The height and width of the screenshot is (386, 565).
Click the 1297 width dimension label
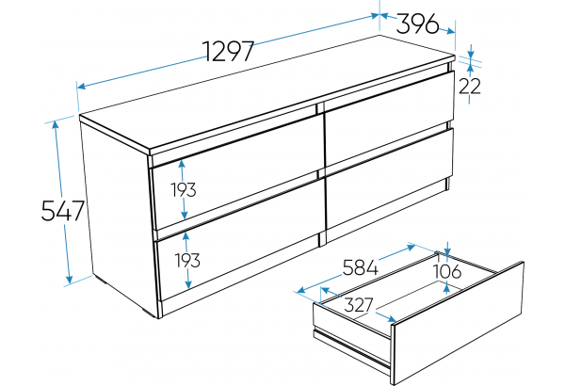[x=228, y=51]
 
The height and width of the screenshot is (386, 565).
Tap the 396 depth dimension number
[x=417, y=24]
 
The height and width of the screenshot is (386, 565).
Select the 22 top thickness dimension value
[x=470, y=86]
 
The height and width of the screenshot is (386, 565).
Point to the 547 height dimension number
[x=63, y=211]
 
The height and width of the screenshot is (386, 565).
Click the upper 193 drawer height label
[x=184, y=190]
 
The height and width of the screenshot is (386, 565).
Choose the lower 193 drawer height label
[x=187, y=260]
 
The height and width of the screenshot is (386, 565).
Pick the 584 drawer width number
[x=360, y=267]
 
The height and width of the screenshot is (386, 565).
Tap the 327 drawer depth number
[x=359, y=305]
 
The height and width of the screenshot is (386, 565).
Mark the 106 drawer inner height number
[x=446, y=271]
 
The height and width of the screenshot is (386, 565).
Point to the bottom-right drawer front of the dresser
[x=389, y=180]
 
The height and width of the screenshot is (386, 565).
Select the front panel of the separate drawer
[x=458, y=323]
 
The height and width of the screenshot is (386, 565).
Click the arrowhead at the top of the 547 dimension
[x=56, y=124]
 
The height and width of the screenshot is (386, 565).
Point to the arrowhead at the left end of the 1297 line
[x=82, y=86]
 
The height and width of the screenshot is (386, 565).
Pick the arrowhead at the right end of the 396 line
[x=450, y=32]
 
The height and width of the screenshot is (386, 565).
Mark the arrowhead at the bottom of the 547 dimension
[x=69, y=279]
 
